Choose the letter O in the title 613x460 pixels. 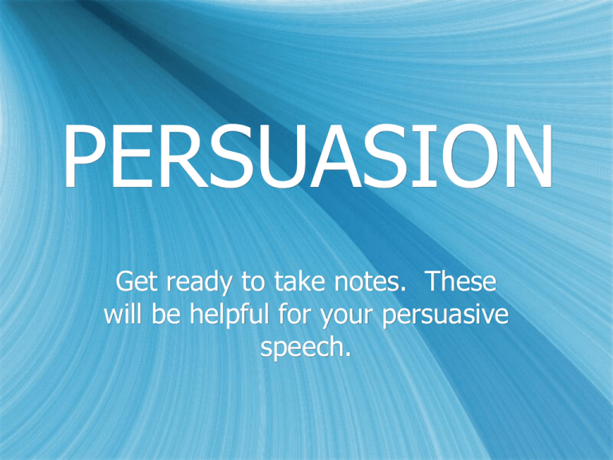point(464,159)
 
